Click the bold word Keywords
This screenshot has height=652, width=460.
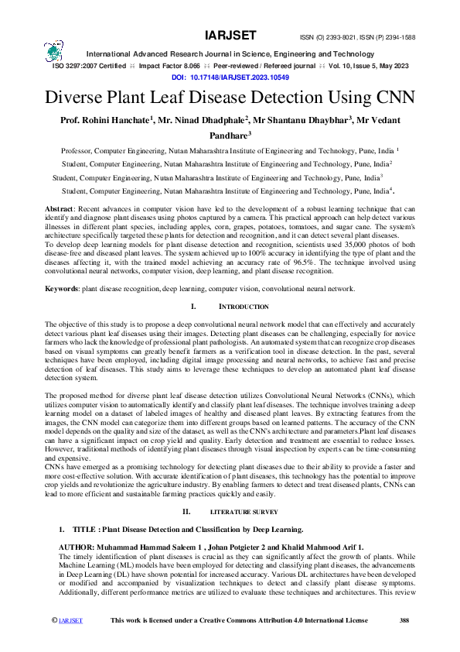(63, 289)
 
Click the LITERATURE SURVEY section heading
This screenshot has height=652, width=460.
(244, 513)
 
